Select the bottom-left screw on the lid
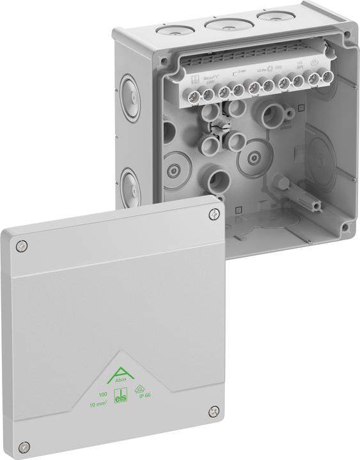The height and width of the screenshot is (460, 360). [24, 445]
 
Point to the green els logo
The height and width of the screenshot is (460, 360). [120, 397]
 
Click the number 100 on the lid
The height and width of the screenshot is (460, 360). [102, 394]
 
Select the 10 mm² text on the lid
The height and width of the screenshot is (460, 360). [98, 404]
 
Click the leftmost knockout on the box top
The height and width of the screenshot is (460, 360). [172, 29]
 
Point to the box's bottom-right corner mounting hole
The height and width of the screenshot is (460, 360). [345, 227]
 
